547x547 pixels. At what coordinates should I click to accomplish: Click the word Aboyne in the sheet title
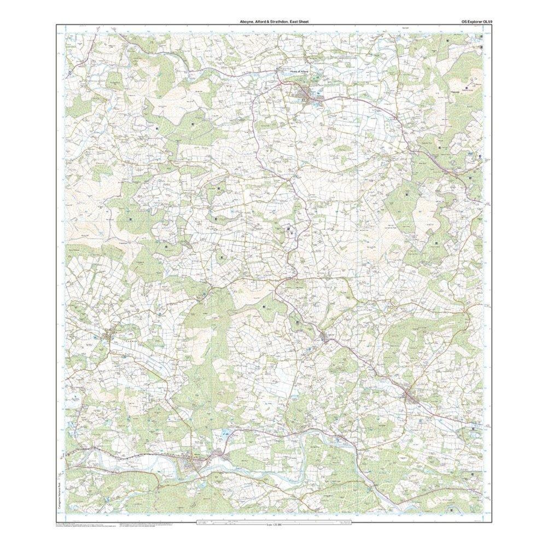[x=239, y=22]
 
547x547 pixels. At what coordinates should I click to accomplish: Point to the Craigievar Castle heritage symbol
[x=290, y=230]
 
